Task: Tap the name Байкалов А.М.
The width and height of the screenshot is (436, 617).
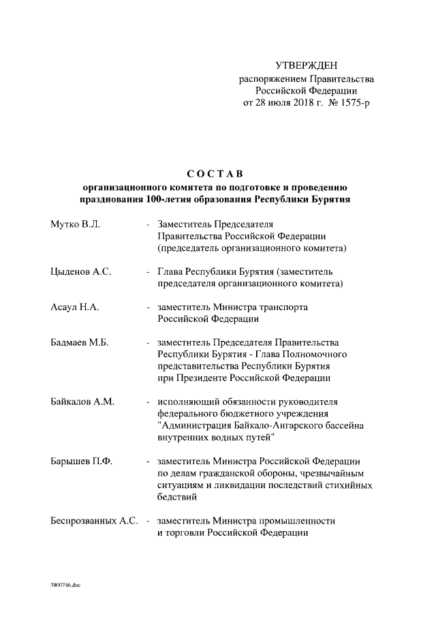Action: [82, 402]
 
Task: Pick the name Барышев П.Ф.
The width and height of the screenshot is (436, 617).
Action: [81, 462]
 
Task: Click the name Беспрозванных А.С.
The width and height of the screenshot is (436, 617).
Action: [95, 522]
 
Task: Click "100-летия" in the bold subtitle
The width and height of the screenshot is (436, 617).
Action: [164, 200]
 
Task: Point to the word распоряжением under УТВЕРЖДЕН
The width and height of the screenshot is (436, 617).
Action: [271, 78]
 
